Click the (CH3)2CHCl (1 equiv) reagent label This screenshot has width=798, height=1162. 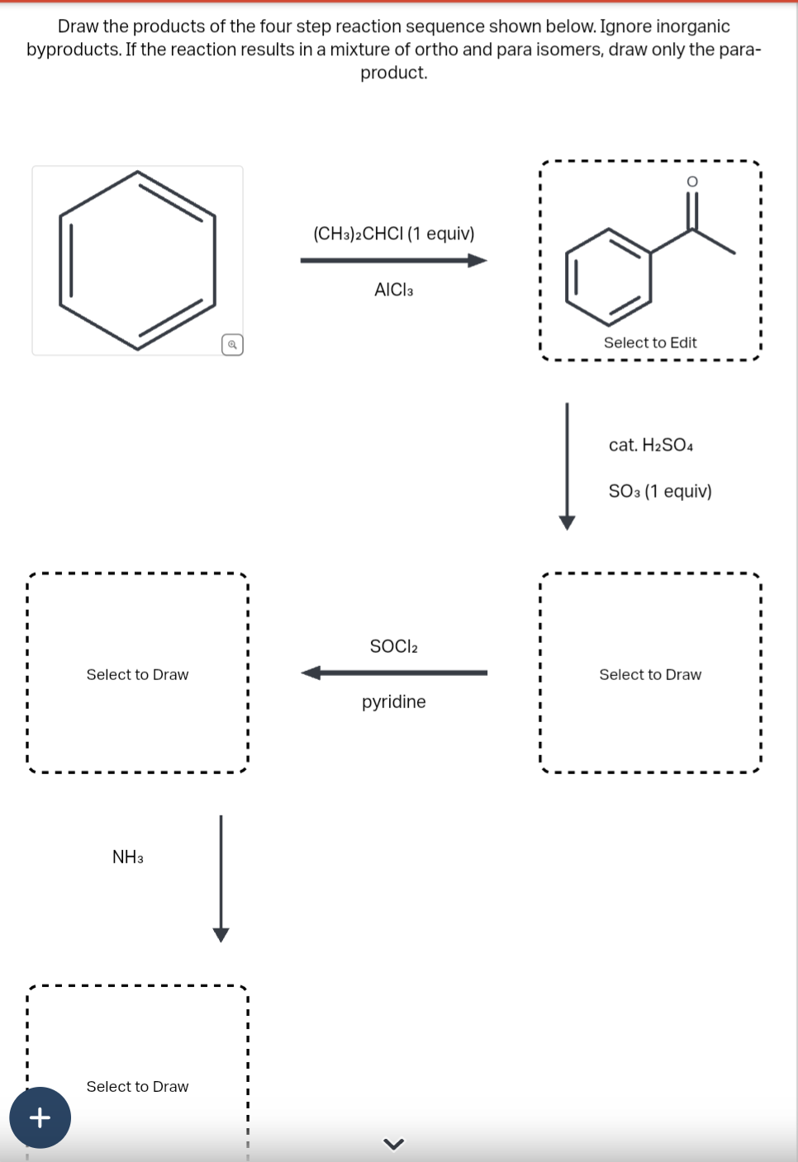coord(393,234)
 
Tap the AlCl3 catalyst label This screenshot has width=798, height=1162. coord(393,290)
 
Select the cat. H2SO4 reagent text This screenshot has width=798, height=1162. coord(650,446)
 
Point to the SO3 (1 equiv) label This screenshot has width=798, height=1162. coord(659,492)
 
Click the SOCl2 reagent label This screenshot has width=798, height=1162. coord(393,646)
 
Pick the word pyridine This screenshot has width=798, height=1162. coord(393,702)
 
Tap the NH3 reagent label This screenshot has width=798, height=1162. coord(128,857)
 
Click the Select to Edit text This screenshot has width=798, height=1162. coord(650,342)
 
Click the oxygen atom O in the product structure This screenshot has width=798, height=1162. coord(692,182)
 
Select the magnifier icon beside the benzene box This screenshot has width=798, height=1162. coord(232,345)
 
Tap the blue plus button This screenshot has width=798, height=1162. coord(40,1117)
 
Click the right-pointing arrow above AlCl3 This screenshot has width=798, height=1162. coord(393,261)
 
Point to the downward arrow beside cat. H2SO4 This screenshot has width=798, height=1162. coord(567,466)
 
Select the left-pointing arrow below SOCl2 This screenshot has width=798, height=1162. coord(393,673)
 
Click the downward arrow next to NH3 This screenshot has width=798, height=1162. coord(221,879)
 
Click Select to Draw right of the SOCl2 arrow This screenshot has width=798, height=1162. coord(650,675)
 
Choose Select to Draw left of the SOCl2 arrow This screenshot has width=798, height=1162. coord(137,675)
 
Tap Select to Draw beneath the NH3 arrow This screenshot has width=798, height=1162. coord(137,1087)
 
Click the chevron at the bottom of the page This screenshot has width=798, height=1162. coord(394,1144)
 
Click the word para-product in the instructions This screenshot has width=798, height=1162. coord(393,73)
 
